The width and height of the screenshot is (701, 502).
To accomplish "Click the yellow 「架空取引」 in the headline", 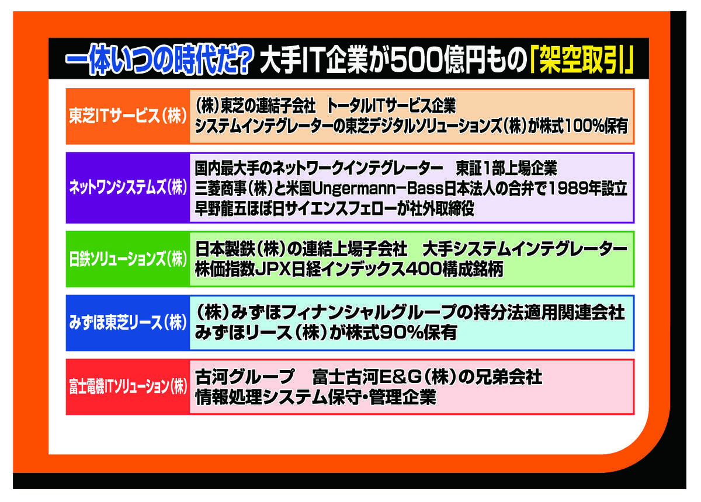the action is click(582, 60).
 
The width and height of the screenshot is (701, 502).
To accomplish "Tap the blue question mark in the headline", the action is click(241, 60).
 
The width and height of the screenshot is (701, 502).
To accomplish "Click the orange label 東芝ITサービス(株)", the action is click(128, 116).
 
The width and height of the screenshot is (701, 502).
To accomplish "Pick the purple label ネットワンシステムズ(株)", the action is click(128, 187).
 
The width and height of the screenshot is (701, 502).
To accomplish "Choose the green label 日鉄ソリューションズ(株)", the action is click(128, 259).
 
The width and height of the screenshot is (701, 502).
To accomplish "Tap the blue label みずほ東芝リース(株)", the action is click(128, 322).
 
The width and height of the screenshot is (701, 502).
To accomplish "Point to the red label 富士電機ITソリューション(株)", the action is click(128, 386).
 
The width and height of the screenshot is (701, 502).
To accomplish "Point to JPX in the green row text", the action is click(273, 269).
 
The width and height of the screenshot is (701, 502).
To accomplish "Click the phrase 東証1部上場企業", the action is click(506, 168).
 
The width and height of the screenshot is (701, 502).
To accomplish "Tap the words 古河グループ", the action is click(244, 377).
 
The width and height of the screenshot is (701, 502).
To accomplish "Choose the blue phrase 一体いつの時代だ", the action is click(148, 60).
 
